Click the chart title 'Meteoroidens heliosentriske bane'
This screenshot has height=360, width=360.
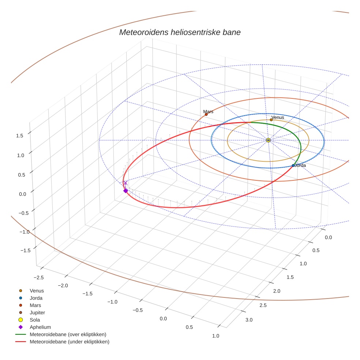point(180,32)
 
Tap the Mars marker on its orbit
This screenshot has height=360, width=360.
point(206,115)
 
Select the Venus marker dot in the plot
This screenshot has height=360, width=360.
point(271,120)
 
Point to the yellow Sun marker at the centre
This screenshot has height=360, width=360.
point(268,140)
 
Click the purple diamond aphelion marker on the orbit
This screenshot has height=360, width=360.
point(125,191)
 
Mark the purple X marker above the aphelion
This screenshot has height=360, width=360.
point(125,183)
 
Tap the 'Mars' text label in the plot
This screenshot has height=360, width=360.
point(208,111)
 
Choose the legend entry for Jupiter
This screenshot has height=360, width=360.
point(37,312)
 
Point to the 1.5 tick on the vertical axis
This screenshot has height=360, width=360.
point(19,135)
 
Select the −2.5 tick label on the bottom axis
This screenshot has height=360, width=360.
point(38,277)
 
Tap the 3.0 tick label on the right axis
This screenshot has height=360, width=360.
point(249,320)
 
